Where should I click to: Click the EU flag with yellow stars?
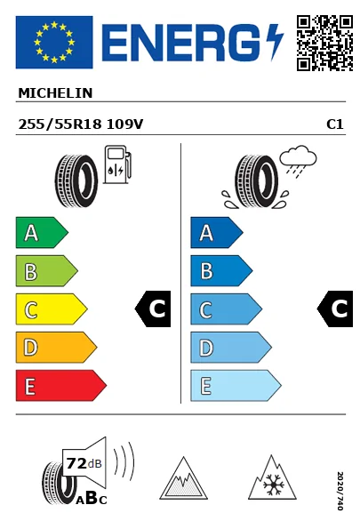click(x=54, y=42)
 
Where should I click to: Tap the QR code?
click(x=324, y=43)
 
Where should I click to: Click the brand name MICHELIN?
click(x=55, y=93)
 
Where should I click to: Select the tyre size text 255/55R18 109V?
click(x=81, y=124)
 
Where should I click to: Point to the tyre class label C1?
click(x=335, y=124)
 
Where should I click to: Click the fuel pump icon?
click(x=117, y=164)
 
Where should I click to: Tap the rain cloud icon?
click(x=298, y=160)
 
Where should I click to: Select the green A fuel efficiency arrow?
click(x=42, y=232)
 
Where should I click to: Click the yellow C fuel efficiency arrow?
click(x=52, y=309)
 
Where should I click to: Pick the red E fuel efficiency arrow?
click(x=61, y=386)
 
